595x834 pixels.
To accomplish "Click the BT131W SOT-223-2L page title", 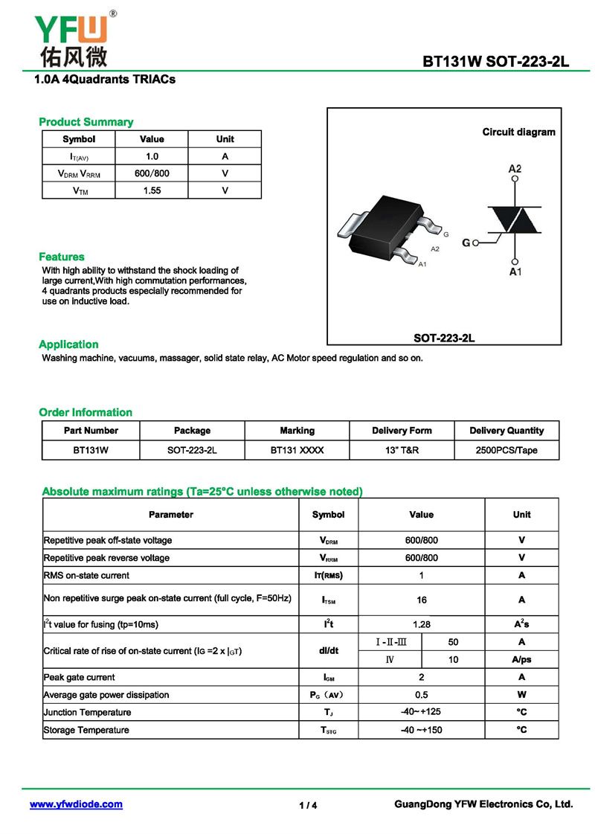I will (495, 61).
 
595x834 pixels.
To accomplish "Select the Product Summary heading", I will (86, 122).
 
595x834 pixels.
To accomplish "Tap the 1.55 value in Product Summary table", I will (152, 190).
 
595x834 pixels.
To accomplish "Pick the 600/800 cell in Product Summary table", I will (152, 173).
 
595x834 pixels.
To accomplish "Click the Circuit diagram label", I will (518, 132).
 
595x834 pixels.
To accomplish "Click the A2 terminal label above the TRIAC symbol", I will (515, 169).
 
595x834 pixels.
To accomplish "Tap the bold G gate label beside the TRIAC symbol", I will (466, 243).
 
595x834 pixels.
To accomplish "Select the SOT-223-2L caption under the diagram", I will (444, 338).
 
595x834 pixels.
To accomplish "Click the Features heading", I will (62, 257).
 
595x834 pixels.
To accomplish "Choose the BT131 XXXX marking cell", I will (297, 450).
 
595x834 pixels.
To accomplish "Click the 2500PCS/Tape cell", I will (506, 450).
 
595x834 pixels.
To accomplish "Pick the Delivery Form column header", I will (402, 431).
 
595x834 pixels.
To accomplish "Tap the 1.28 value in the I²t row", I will (422, 625).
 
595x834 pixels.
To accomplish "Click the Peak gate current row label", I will (80, 677).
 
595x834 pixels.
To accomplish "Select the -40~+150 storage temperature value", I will (422, 730).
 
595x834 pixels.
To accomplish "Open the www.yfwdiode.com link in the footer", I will (76, 804).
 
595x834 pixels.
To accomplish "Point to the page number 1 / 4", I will (308, 806).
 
